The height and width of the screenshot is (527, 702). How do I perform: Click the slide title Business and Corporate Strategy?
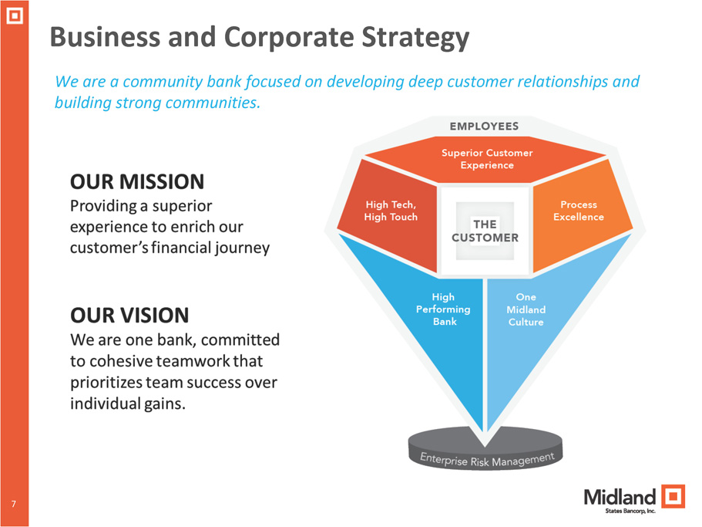260,37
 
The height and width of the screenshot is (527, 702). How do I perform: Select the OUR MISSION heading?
137,182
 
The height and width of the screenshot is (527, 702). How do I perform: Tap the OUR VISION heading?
129,315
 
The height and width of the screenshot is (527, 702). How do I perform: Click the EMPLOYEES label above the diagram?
484,127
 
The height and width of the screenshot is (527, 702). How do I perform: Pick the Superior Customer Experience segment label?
486,159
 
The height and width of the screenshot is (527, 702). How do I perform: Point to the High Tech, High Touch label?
391,211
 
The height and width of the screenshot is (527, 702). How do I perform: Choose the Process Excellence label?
578,211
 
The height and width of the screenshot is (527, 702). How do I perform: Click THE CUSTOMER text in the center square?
485,230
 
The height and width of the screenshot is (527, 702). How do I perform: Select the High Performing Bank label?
444,309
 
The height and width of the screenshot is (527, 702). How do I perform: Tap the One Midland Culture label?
526,309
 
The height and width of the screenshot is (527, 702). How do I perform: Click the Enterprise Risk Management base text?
487,460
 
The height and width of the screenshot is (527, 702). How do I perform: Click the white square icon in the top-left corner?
14,15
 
